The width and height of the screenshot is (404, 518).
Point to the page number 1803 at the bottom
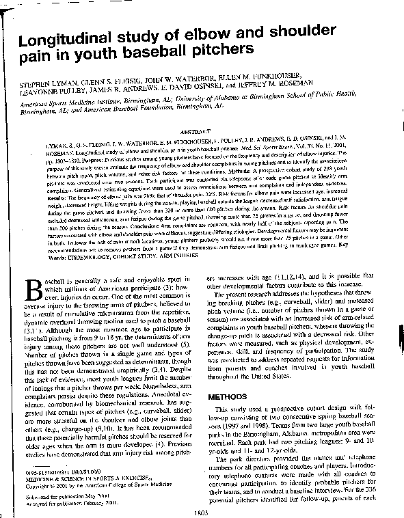pyautogui.click(x=202, y=512)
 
